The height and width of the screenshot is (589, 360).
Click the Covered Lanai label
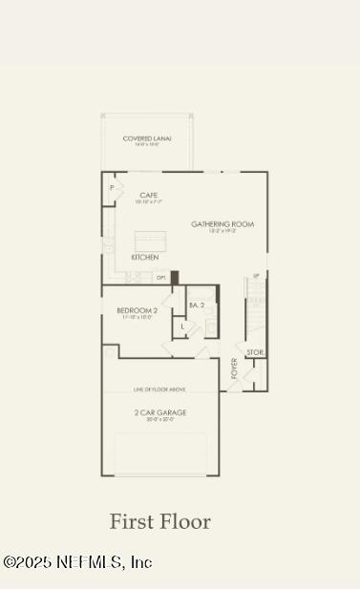click(x=147, y=138)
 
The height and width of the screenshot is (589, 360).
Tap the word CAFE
click(x=148, y=194)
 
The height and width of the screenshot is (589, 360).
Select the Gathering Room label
click(x=222, y=224)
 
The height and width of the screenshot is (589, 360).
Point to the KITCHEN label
click(x=145, y=258)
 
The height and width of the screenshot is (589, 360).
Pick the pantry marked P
click(x=112, y=189)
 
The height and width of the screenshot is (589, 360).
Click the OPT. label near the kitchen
click(x=161, y=278)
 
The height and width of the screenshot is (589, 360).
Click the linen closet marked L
click(x=183, y=326)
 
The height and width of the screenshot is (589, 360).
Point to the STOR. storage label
click(x=255, y=352)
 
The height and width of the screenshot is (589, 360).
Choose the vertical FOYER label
click(x=235, y=367)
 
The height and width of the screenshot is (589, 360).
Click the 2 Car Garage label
click(x=160, y=412)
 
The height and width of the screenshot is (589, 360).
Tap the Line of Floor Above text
click(x=160, y=390)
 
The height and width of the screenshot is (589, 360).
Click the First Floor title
click(x=159, y=521)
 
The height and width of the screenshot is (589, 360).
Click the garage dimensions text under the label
click(x=160, y=420)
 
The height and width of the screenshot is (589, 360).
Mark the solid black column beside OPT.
click(x=175, y=278)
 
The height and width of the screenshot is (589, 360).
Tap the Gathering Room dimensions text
click(x=222, y=232)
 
